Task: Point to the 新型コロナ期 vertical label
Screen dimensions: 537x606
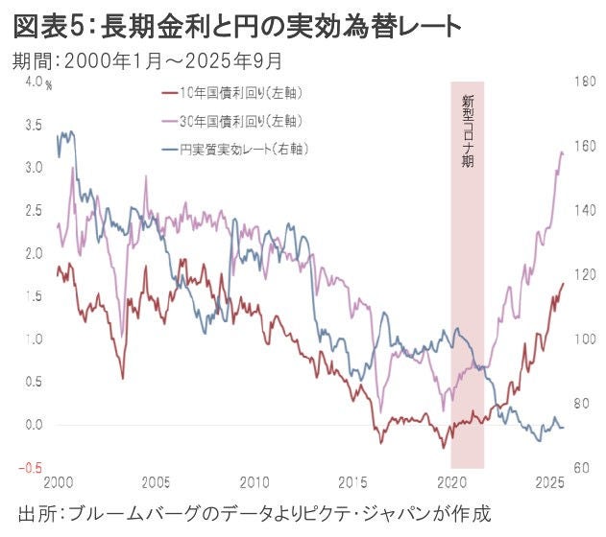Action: click(468, 129)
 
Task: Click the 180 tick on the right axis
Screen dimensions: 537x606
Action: click(586, 82)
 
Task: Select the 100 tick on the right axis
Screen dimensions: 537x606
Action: click(586, 339)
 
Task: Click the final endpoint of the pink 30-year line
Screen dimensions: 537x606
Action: click(563, 153)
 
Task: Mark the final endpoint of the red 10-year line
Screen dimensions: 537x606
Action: click(563, 284)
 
